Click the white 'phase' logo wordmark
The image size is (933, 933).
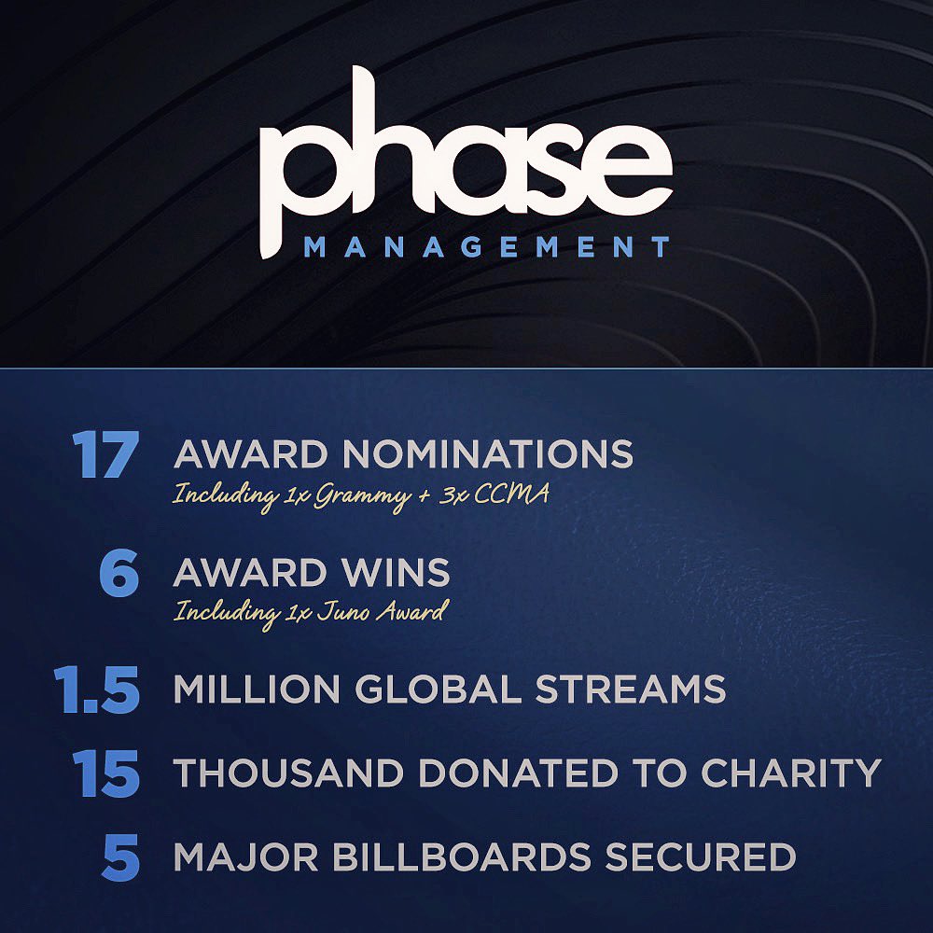click(466, 160)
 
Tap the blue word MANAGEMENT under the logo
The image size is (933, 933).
click(487, 247)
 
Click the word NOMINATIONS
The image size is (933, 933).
click(488, 454)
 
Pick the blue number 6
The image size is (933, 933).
click(119, 573)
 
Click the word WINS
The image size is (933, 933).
click(396, 573)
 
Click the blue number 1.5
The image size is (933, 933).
click(97, 689)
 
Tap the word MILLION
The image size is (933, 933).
click(257, 689)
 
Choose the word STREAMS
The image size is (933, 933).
click(631, 689)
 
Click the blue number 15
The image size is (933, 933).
click(106, 773)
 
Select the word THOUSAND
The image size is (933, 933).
click(289, 773)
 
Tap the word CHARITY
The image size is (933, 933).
click(791, 773)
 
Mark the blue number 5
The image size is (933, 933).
click(120, 857)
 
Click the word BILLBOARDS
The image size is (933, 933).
click(461, 856)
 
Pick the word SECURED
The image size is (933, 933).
click(701, 856)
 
